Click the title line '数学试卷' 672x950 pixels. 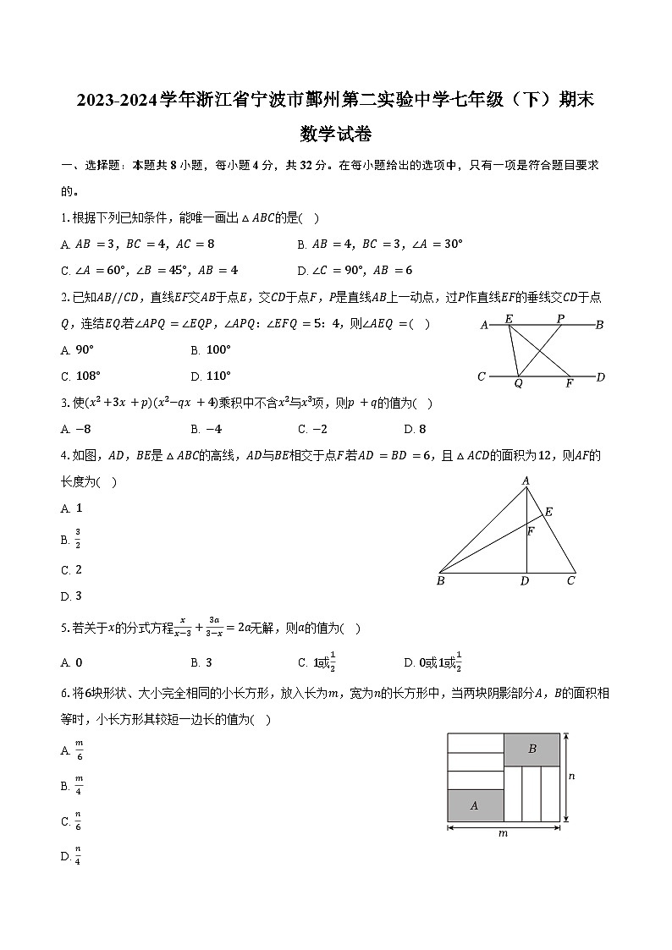tap(336, 134)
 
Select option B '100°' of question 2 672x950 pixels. tap(211, 349)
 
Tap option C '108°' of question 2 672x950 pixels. tap(81, 376)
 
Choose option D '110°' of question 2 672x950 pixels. tap(211, 376)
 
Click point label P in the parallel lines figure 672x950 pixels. tap(560, 318)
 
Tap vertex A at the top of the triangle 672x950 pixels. tap(526, 481)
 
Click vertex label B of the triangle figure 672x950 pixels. tap(441, 581)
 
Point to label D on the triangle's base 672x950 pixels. tap(525, 581)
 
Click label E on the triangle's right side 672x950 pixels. tap(548, 512)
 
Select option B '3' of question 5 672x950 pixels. tap(201, 663)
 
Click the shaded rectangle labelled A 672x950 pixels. tap(474, 805)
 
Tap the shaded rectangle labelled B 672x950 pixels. tap(532, 749)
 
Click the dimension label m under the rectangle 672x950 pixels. tap(503, 833)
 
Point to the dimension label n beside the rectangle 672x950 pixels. tap(572, 776)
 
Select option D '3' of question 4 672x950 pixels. tap(72, 596)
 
